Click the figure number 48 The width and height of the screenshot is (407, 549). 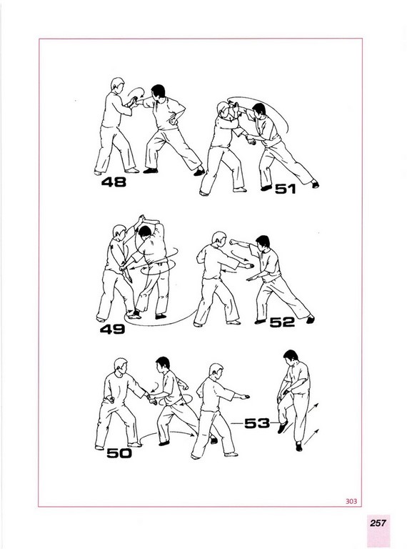pos(114,182)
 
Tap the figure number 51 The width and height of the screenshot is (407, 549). pos(286,189)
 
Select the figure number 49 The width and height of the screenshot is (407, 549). pos(112,329)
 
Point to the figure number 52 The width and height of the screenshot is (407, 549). pos(282,322)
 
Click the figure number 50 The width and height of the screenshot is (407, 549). pos(119,453)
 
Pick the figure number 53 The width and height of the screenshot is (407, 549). pos(257,424)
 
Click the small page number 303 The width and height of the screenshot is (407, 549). pos(351,501)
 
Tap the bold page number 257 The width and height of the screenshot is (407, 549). pos(378,523)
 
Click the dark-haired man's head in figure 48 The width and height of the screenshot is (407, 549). pos(158,91)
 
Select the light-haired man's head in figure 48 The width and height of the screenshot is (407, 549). pos(118,85)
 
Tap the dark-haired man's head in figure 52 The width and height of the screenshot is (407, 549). pos(263,242)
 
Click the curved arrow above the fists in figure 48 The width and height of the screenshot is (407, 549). pos(136,92)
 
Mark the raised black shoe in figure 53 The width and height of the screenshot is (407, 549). pos(283,427)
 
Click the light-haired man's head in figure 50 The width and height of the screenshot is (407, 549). pos(121,365)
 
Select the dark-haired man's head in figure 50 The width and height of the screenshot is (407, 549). pos(163,365)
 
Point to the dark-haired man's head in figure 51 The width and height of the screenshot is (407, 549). pos(258,110)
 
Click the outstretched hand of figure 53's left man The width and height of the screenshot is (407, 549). pos(244,397)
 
